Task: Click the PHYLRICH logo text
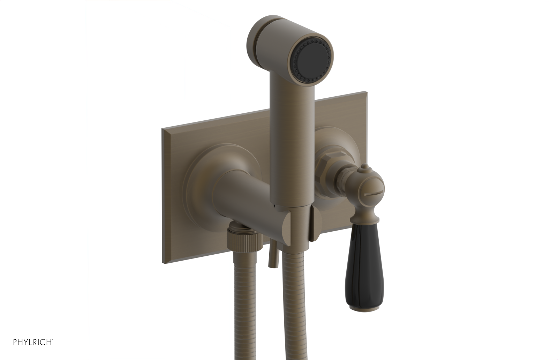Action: [x=33, y=342]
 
